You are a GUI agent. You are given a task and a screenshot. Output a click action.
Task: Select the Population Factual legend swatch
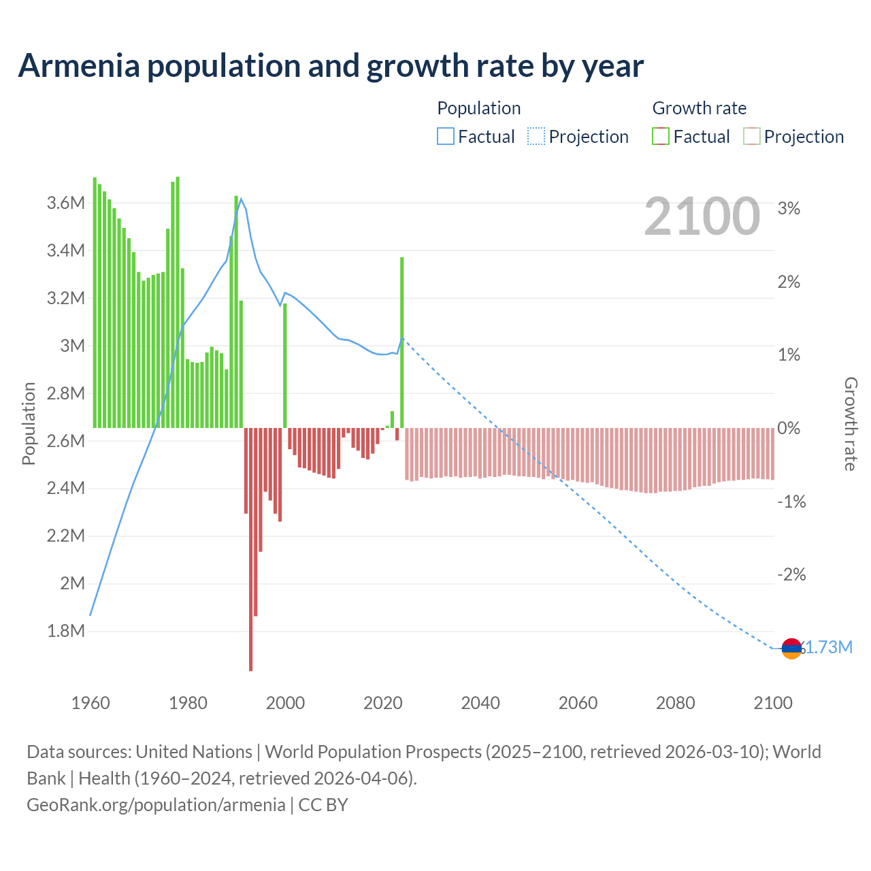445,137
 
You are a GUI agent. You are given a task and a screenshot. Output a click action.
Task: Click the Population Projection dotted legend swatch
536,137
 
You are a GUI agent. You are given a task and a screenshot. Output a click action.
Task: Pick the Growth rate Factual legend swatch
661,137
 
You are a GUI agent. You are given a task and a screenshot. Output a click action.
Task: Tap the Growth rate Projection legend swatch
752,137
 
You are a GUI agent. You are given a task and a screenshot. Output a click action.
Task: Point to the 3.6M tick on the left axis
66,203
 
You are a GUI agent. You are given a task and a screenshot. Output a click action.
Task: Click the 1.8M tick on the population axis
66,631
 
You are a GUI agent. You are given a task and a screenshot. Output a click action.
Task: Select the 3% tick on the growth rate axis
789,209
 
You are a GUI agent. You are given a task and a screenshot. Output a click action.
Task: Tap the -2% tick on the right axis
791,575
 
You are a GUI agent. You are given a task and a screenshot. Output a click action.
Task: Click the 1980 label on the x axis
188,703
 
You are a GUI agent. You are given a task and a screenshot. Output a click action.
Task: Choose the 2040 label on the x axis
480,703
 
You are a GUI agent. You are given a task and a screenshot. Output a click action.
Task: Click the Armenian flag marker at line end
791,649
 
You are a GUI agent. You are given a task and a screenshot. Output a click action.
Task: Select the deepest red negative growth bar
251,551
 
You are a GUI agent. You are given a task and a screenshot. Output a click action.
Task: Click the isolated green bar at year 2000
284,365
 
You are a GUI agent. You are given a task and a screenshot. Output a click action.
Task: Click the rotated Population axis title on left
29,423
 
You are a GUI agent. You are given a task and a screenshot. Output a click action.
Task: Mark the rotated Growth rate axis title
851,424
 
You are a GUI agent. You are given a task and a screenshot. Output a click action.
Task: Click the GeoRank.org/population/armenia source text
156,805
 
